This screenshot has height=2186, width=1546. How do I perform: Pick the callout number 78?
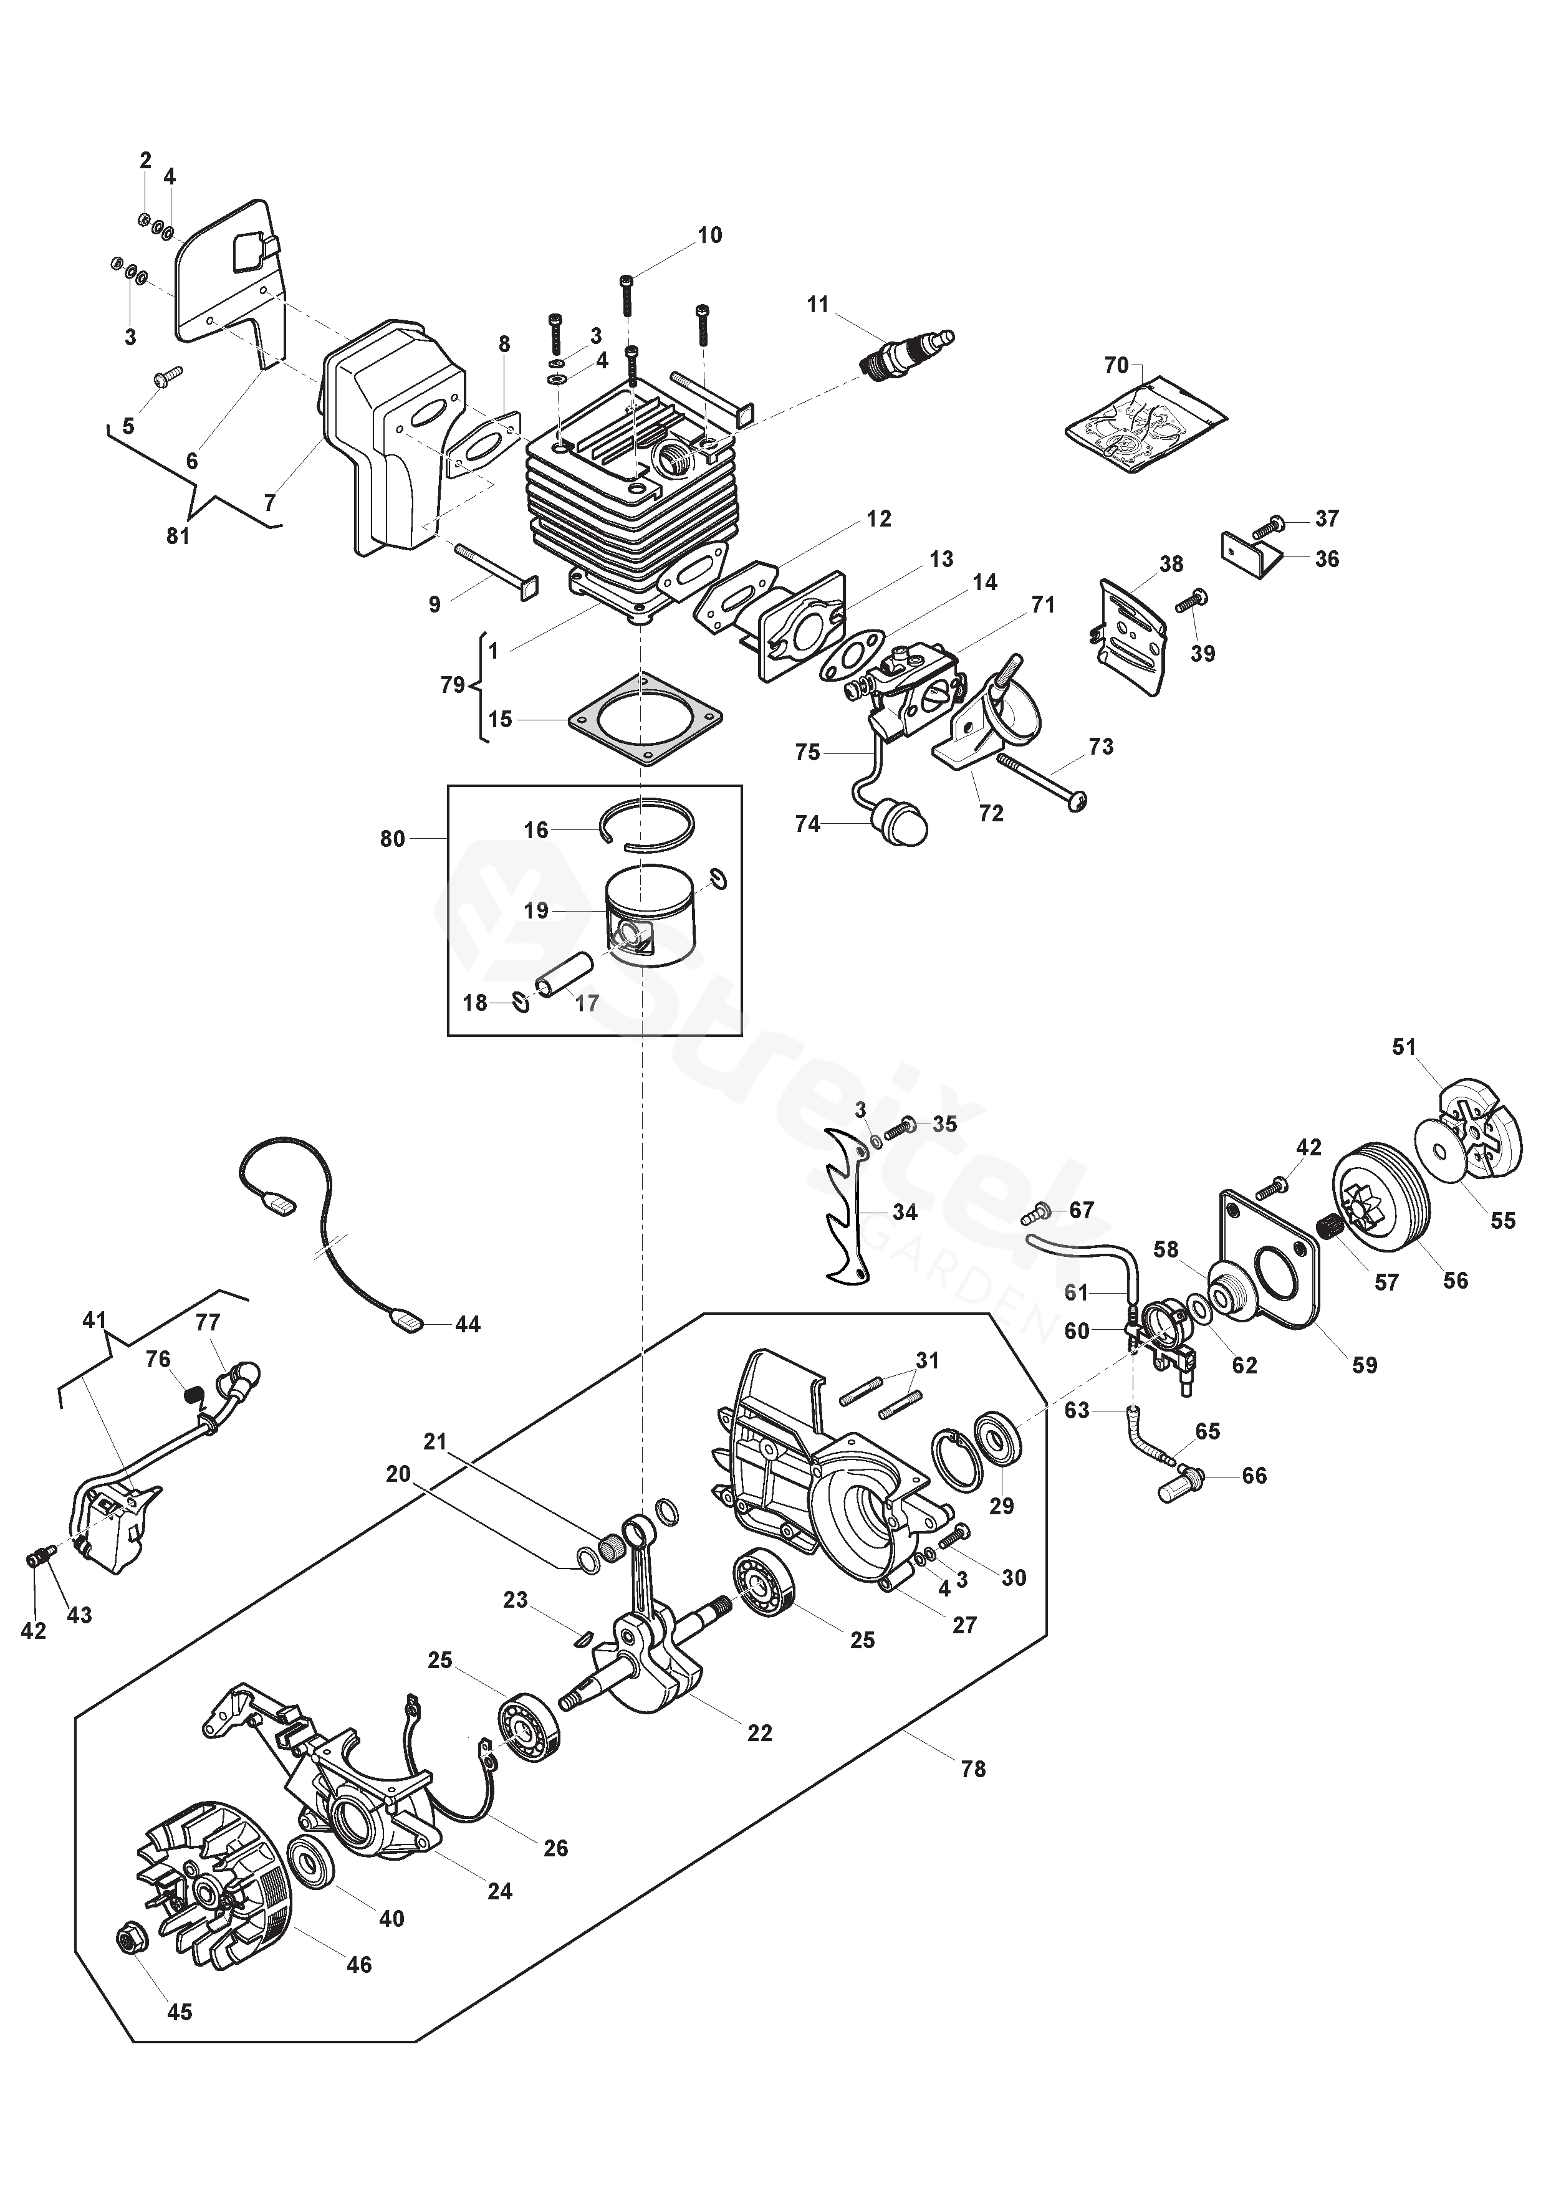click(x=972, y=1769)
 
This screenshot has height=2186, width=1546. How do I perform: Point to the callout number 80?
click(x=393, y=839)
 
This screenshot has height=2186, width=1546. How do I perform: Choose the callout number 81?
click(x=178, y=536)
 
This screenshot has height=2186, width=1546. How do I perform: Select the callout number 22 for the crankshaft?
click(x=759, y=1733)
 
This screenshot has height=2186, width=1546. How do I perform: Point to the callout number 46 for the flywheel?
click(x=358, y=1964)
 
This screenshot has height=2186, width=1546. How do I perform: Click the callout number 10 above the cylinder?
click(x=709, y=235)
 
